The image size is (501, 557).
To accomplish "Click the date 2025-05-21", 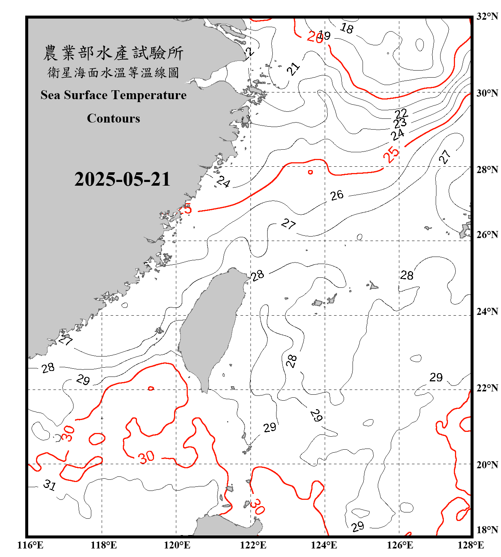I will (x=122, y=179).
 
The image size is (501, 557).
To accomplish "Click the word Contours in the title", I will (x=114, y=118).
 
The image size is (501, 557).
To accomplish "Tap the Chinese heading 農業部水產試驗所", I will (x=113, y=53).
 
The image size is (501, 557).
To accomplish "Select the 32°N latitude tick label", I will (x=487, y=16).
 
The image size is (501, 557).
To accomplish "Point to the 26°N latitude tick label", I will (x=487, y=235).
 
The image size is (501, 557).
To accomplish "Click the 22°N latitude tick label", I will (x=487, y=388).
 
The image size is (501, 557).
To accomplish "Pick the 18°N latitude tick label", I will (x=487, y=530).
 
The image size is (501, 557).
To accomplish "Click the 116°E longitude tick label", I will (x=30, y=545).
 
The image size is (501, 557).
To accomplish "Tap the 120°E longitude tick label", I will (x=177, y=545).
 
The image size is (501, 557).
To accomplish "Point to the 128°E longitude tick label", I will (x=471, y=545).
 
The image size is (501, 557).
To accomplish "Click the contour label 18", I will (x=347, y=28).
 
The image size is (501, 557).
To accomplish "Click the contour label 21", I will (x=293, y=69).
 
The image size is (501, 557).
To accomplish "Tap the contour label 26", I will (x=337, y=195).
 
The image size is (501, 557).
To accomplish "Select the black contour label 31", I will (x=49, y=485).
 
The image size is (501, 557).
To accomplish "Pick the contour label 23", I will (x=400, y=123).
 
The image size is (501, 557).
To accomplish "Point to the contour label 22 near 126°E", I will (x=401, y=113).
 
